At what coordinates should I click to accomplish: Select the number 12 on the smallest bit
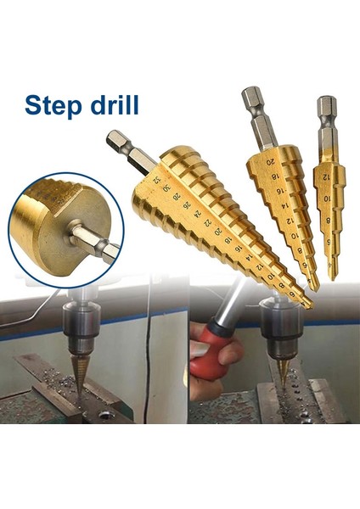pos(324,176)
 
